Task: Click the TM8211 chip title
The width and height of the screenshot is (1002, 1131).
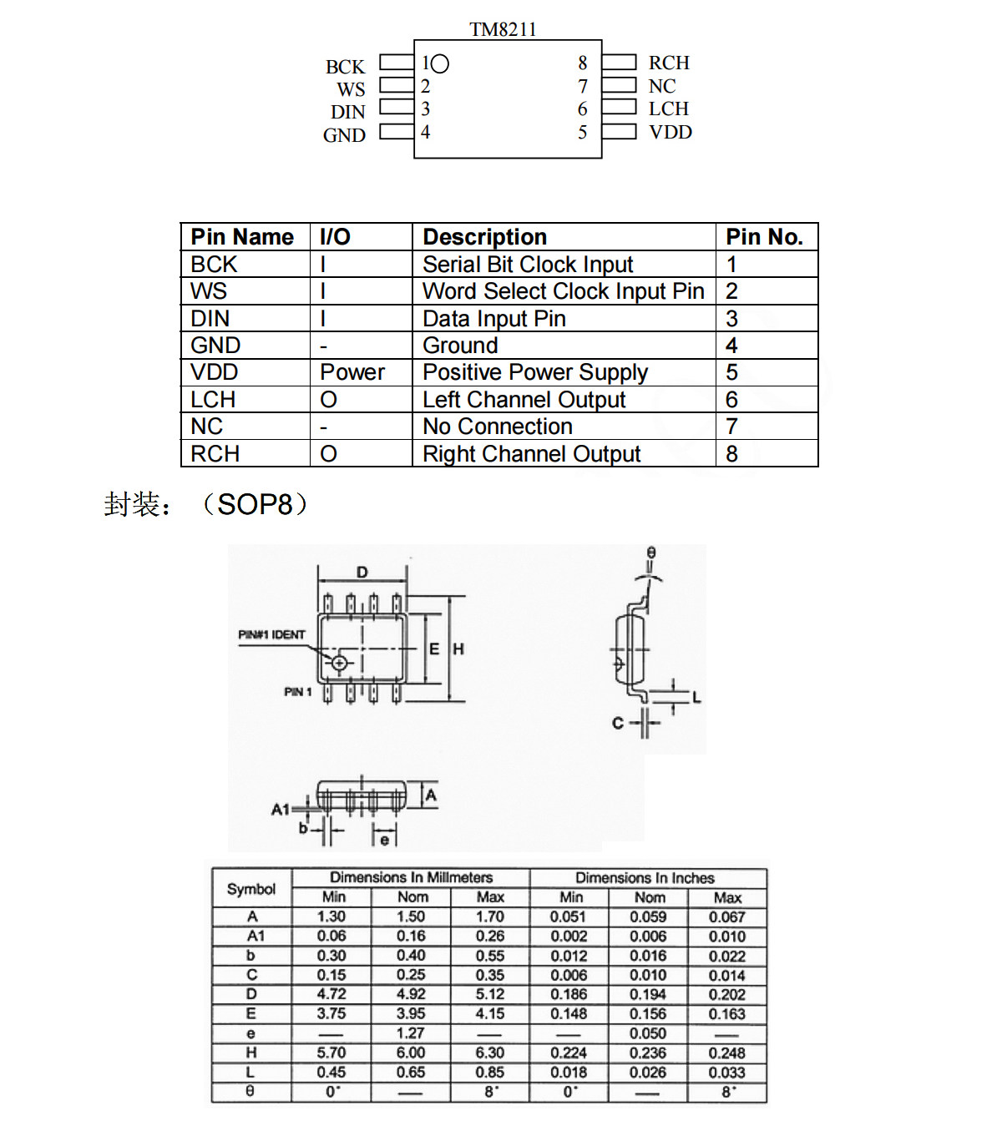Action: (502, 29)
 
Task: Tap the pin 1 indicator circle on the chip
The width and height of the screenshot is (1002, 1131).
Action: (439, 63)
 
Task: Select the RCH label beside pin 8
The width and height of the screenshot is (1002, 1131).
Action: (669, 63)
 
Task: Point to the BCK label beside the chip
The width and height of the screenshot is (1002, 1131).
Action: (345, 67)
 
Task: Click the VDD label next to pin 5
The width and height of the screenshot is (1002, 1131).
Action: (670, 133)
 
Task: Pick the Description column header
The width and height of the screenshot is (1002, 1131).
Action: (484, 237)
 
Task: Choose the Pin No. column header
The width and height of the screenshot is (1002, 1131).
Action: (764, 237)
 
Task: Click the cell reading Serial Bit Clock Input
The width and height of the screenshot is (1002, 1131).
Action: (527, 264)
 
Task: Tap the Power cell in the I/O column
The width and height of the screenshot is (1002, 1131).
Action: (352, 372)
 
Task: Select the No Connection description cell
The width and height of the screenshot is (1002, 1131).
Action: (497, 427)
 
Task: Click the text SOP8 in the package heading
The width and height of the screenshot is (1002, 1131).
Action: (255, 505)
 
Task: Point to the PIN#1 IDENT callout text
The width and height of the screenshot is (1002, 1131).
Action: (271, 634)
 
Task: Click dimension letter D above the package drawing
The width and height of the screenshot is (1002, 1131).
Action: (362, 573)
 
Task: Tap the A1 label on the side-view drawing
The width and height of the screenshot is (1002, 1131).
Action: (280, 809)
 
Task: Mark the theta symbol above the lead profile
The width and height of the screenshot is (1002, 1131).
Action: (650, 553)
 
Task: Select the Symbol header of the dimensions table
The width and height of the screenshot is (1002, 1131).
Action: (251, 889)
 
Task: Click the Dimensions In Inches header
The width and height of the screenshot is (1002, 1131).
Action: (645, 878)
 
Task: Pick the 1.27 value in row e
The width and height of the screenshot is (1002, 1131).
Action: (411, 1033)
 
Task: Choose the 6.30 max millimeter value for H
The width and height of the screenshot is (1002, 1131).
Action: (490, 1053)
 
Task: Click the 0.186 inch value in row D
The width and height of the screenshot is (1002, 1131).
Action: (569, 994)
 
